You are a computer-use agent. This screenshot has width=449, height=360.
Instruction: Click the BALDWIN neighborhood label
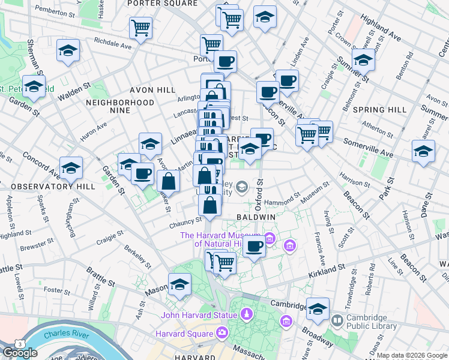pyautogui.click(x=256, y=216)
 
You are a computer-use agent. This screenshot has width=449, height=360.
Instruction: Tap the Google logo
pyautogui.click(x=20, y=353)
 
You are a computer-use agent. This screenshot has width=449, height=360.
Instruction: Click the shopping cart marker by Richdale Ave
pyautogui.click(x=140, y=28)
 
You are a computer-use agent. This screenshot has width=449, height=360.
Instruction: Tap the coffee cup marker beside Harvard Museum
pyautogui.click(x=255, y=246)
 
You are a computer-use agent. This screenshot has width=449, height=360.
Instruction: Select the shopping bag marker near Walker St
pyautogui.click(x=169, y=182)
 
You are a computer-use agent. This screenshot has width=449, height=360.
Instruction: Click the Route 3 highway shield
pyautogui.click(x=20, y=343)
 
